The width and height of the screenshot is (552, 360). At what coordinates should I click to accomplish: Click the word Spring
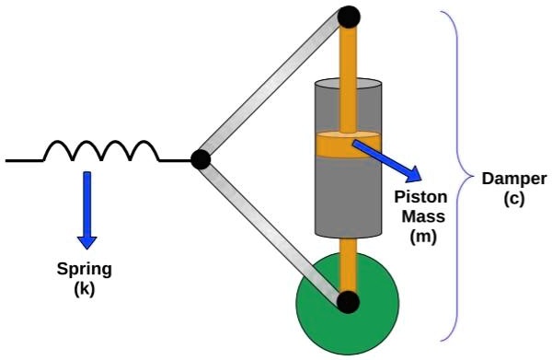coord(85,270)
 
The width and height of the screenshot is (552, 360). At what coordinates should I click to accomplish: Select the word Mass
coord(424,218)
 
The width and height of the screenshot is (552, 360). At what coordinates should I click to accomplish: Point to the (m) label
coord(423,236)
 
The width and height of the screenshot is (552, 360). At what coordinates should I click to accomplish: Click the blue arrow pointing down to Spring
coord(86,208)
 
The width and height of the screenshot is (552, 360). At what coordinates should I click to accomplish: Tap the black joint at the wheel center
coord(347,301)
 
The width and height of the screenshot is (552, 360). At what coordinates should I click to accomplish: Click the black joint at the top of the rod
coord(349,16)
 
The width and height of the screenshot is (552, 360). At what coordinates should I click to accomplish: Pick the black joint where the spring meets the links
coord(200,159)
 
